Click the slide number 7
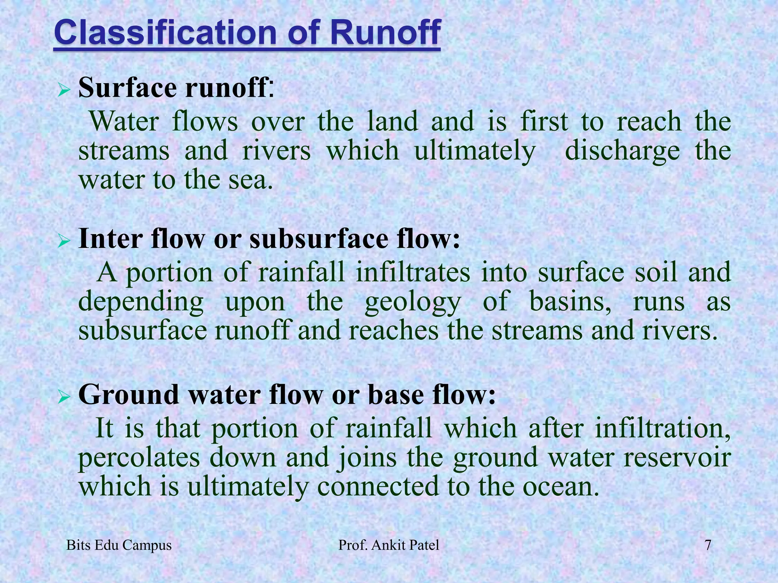pyautogui.click(x=708, y=545)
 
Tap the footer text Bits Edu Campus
pyautogui.click(x=119, y=545)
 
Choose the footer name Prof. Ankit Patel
pyautogui.click(x=389, y=545)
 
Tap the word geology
pyautogui.click(x=413, y=303)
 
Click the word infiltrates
pyautogui.click(x=413, y=273)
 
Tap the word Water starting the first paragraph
pyautogui.click(x=125, y=122)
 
